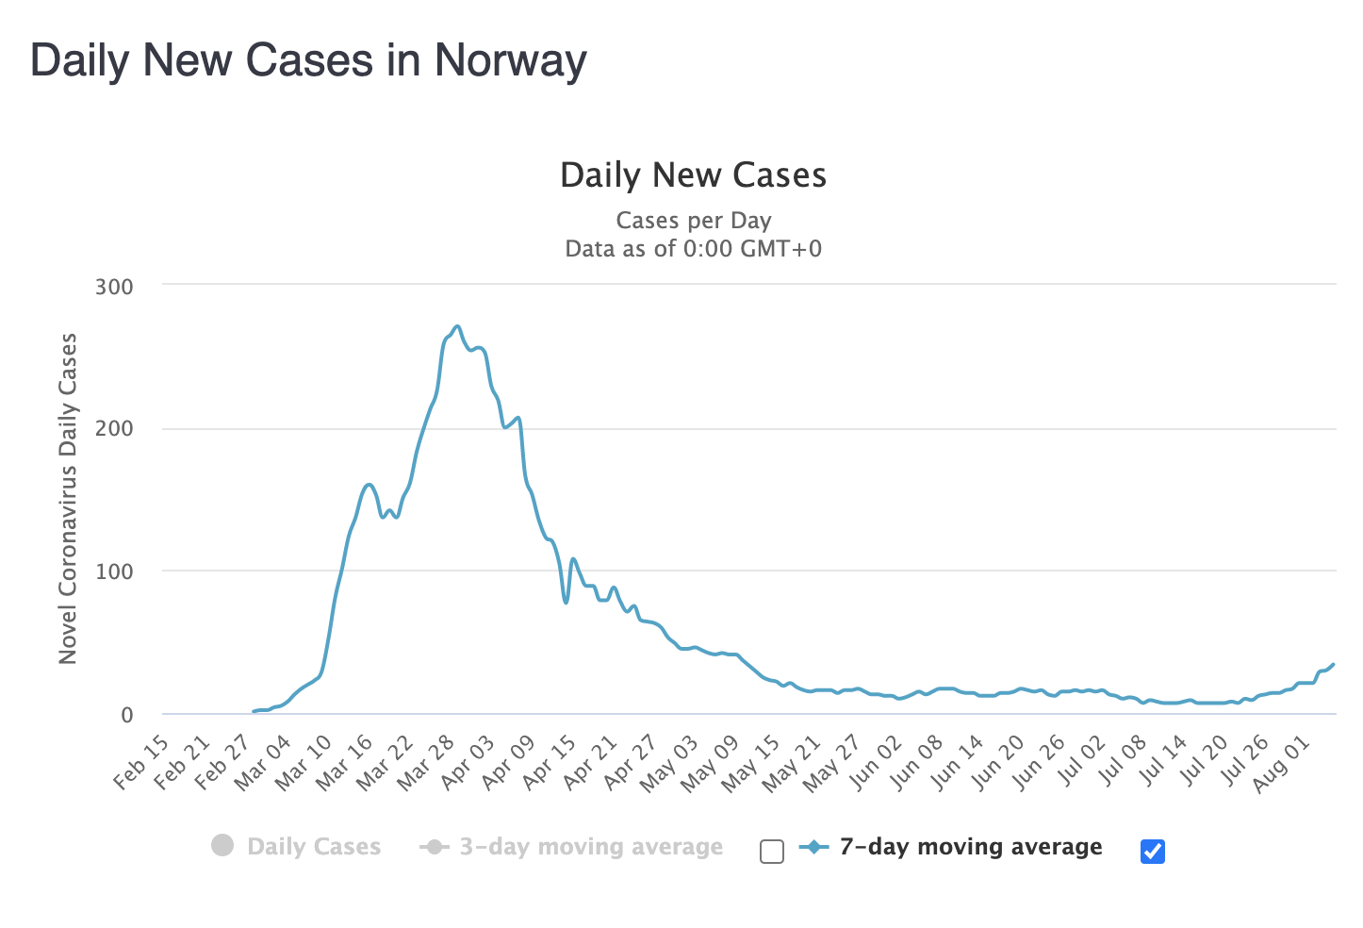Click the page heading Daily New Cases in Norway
tap(308, 61)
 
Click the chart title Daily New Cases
tap(693, 175)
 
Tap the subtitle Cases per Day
tap(693, 221)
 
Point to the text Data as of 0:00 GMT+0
tap(693, 249)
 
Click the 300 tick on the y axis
tap(114, 287)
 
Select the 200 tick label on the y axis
tap(114, 429)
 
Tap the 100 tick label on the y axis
tap(114, 572)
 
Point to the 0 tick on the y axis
tap(126, 715)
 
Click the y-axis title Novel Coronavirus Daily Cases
tap(68, 498)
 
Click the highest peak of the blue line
tap(457, 326)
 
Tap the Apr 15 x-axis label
tap(550, 761)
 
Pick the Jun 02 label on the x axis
tap(877, 761)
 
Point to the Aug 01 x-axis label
tap(1283, 763)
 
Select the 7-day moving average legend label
tap(970, 847)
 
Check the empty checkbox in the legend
tap(772, 852)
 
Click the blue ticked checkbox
tap(1152, 852)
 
